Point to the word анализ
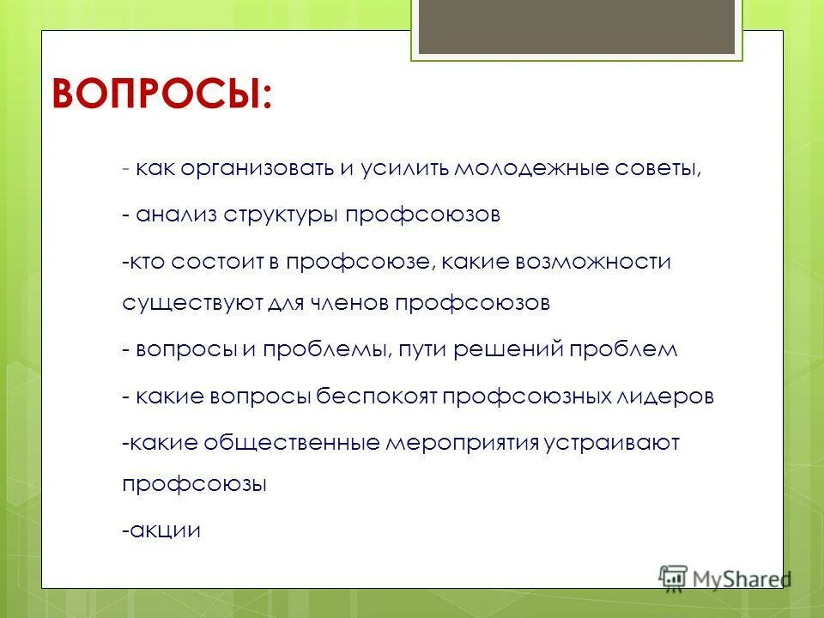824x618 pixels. [x=176, y=215]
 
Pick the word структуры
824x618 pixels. [x=282, y=215]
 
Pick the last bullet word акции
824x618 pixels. [x=164, y=530]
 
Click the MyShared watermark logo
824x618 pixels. [x=724, y=578]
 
